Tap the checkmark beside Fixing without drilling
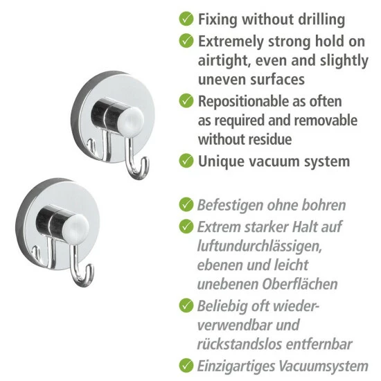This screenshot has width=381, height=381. pos(185,19)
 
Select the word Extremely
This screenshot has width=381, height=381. pos(233,41)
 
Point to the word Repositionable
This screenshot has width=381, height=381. pos(245,101)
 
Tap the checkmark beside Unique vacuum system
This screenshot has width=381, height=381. pos(185,161)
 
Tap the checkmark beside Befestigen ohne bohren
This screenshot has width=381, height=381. pos(185,204)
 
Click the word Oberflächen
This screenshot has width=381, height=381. pos(304,283)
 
